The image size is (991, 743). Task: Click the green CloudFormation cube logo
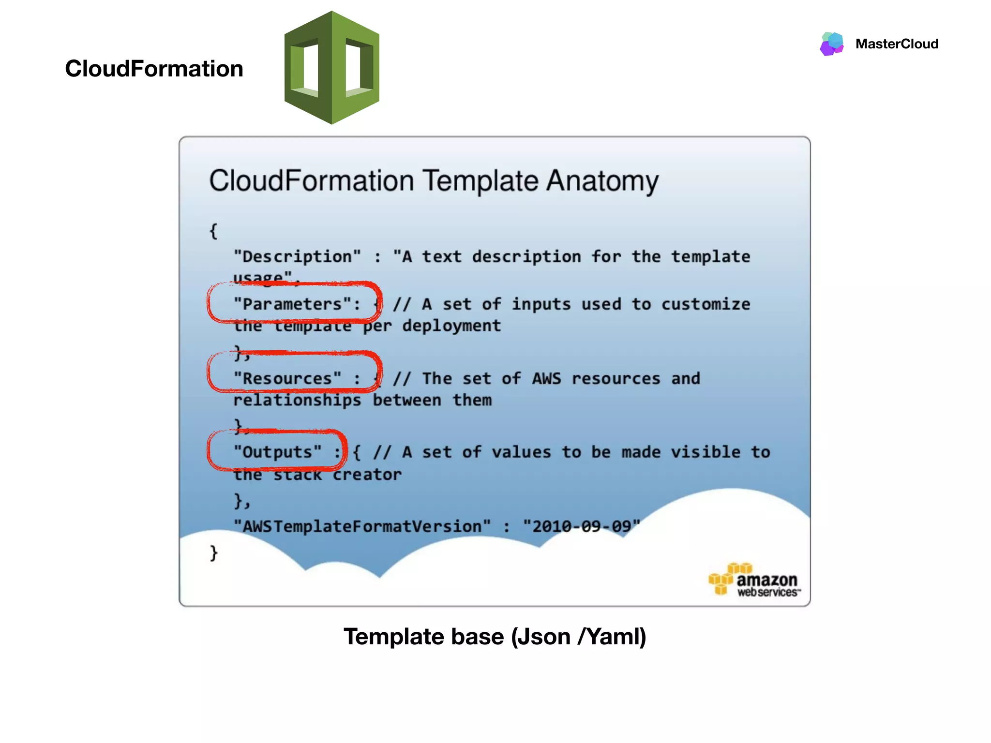click(x=332, y=67)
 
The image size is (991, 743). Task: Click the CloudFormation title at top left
click(x=154, y=69)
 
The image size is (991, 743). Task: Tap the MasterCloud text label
click(x=897, y=44)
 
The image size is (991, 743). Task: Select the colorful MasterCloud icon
click(x=832, y=44)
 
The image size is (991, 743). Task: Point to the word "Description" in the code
click(x=297, y=256)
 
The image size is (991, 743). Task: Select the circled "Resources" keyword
click(x=287, y=378)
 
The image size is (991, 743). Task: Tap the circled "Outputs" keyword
click(x=277, y=452)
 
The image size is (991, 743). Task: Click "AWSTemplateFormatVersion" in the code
click(x=362, y=526)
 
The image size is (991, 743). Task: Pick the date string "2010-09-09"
click(x=581, y=526)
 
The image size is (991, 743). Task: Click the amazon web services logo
click(x=754, y=580)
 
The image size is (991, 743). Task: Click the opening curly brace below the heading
click(x=213, y=231)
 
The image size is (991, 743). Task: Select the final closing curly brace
click(x=213, y=552)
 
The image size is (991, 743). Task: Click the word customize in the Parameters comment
click(x=706, y=304)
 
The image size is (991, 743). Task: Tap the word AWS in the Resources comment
click(x=546, y=378)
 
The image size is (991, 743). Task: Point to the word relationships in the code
click(x=297, y=401)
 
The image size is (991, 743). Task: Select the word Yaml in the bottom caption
click(x=613, y=637)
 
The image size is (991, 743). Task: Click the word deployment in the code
click(x=451, y=326)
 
